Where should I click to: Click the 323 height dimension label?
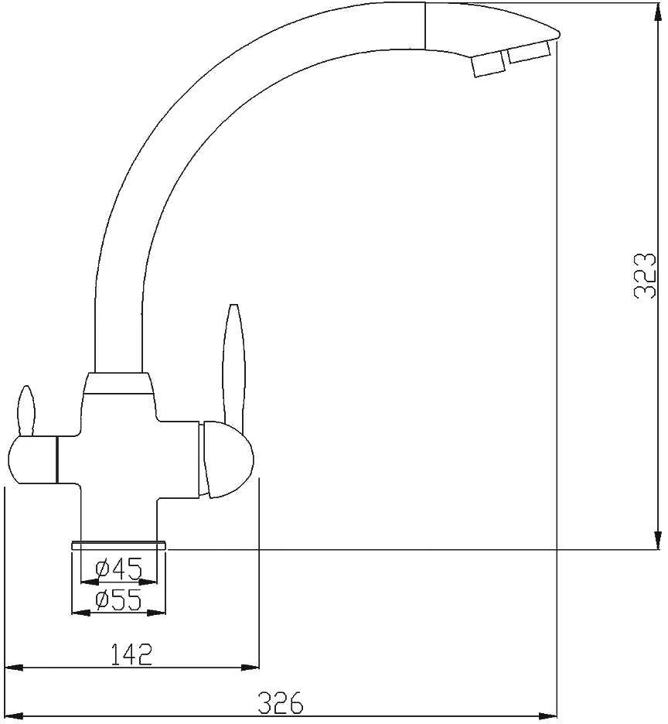646,275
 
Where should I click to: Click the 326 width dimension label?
281,703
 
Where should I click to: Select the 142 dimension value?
131,654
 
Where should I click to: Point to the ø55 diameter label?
118,600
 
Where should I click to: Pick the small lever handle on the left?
26,412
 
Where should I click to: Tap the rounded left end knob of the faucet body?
32,460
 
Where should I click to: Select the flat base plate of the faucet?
118,545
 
